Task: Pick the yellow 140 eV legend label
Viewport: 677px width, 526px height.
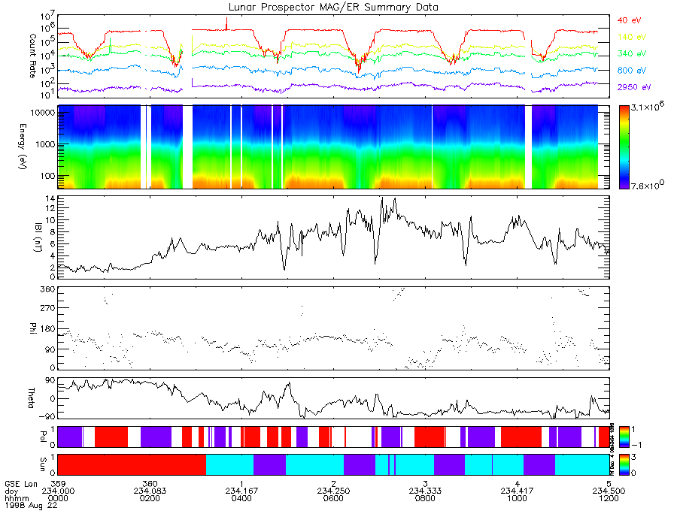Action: point(630,37)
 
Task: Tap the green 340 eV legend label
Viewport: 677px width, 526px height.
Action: point(630,54)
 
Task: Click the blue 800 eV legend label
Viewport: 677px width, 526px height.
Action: point(630,71)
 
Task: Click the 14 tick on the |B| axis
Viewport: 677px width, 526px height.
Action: point(48,198)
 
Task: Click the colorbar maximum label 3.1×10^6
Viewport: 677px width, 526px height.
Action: point(645,110)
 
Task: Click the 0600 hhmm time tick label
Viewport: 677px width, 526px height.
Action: point(332,498)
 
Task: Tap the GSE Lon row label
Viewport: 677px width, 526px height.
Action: point(18,482)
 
